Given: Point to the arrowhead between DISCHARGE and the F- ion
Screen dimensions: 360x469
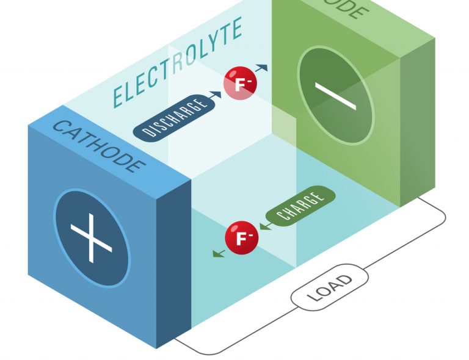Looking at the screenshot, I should (x=217, y=95).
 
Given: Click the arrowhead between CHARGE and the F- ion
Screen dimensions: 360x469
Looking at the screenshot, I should (x=262, y=226).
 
